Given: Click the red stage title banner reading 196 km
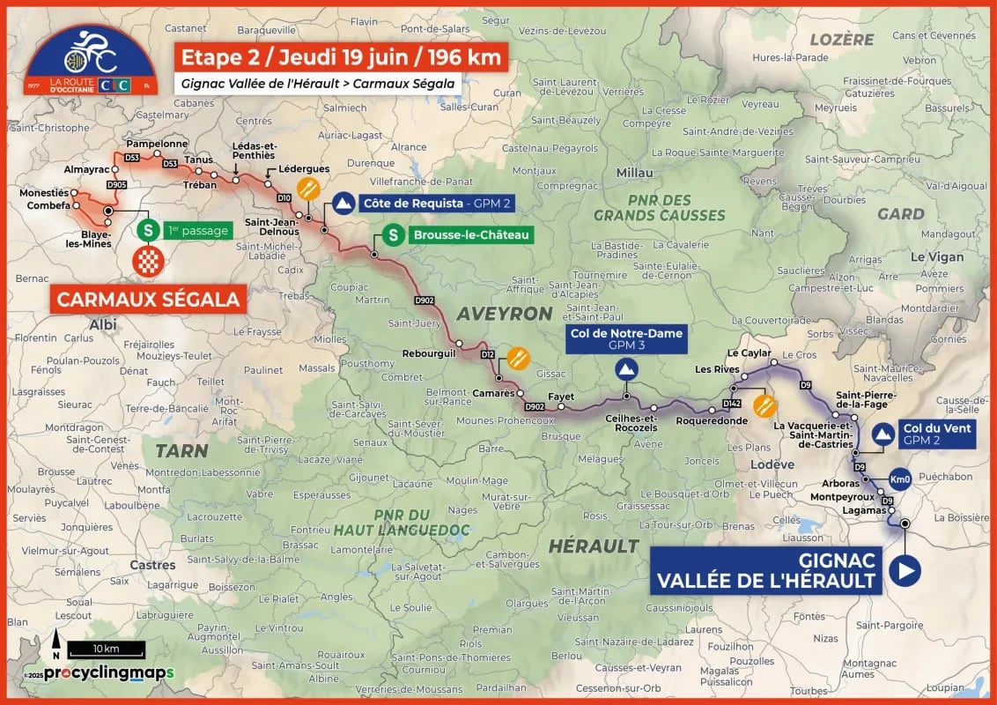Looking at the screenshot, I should (x=341, y=58).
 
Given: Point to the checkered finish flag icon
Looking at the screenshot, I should (x=148, y=261).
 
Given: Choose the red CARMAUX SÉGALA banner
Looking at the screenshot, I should (x=148, y=300).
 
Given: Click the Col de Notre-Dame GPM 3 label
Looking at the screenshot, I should (x=626, y=339).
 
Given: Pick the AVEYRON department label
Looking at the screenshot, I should (x=504, y=314).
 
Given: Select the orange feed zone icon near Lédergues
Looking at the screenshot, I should (x=308, y=189).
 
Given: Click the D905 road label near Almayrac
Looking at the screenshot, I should (x=116, y=185).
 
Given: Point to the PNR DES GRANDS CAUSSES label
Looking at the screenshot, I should (x=659, y=208).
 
